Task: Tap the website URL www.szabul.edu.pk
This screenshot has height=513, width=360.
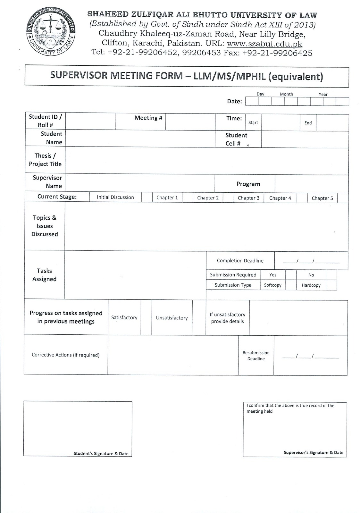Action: [x=264, y=44]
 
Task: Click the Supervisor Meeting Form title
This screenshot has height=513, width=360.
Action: [x=187, y=76]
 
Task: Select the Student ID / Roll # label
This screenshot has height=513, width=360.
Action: [x=45, y=121]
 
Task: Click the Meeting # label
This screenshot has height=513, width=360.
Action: [x=148, y=118]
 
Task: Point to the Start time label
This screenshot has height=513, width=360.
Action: [x=253, y=122]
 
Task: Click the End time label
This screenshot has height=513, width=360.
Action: [x=308, y=123]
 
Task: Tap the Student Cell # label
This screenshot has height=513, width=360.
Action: [x=236, y=139]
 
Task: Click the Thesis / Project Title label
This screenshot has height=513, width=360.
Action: [x=45, y=160]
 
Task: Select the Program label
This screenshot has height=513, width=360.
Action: [x=248, y=184]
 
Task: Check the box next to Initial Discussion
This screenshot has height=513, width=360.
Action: [x=147, y=198]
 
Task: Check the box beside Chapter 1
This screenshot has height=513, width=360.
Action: [x=187, y=198]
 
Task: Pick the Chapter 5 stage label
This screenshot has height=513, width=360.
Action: [x=322, y=198]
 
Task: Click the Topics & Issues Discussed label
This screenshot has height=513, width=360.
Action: [x=45, y=226]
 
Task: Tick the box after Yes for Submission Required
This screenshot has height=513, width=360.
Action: [x=291, y=275]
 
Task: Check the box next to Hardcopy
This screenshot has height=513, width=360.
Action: [x=331, y=285]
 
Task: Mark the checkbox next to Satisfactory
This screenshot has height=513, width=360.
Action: [x=146, y=317]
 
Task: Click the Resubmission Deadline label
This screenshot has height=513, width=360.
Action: [x=256, y=356]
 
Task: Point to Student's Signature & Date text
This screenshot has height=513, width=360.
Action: [x=101, y=453]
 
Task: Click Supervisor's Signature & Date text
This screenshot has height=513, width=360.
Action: [x=313, y=452]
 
